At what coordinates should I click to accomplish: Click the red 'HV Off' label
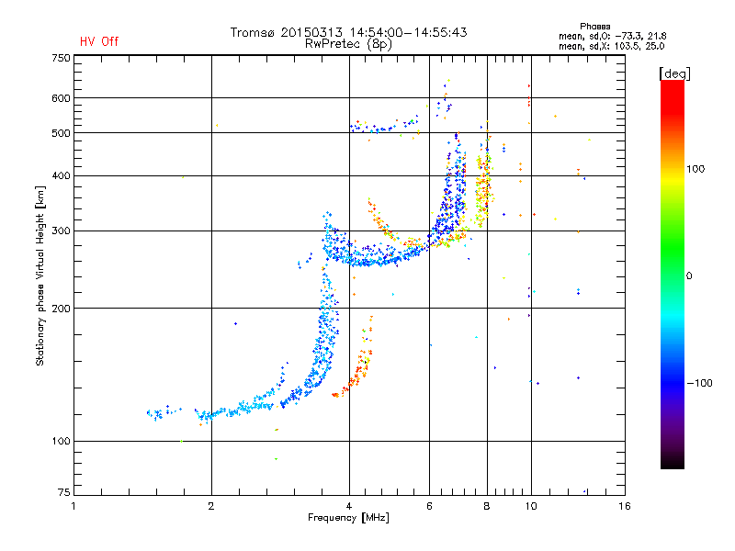pos(99,41)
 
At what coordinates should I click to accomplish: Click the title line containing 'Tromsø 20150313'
pos(348,32)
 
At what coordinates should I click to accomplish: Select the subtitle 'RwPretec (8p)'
pos(348,43)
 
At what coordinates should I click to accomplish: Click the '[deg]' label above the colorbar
pos(675,73)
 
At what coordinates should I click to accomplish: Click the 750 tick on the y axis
pos(60,58)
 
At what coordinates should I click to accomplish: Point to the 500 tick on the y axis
pos(60,133)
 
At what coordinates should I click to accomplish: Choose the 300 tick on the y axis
pos(60,231)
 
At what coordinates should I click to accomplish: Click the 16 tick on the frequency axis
pos(624,506)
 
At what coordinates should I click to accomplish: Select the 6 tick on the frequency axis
pos(430,506)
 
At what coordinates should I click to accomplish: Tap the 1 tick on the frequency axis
pos(73,506)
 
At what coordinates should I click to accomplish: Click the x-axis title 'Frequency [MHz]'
pos(348,519)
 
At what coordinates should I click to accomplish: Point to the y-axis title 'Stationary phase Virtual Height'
pos(40,275)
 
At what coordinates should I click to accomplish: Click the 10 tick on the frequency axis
pos(530,506)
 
